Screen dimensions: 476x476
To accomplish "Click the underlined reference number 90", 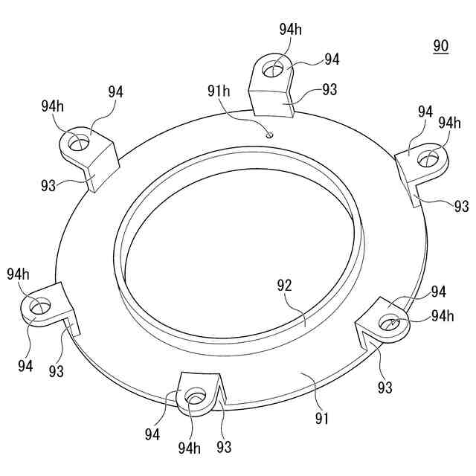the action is click(441, 46).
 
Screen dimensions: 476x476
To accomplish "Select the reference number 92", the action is click(284, 285).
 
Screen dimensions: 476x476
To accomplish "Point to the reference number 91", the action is click(321, 418).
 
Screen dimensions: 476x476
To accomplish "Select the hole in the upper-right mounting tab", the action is click(429, 158).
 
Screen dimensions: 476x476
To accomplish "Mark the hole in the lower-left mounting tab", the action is click(39, 306).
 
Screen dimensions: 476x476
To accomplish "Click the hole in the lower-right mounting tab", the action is click(389, 322).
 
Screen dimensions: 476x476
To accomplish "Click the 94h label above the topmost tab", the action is click(291, 29).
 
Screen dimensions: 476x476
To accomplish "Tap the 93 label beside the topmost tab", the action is click(329, 89).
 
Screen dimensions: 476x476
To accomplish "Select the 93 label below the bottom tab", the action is click(224, 447).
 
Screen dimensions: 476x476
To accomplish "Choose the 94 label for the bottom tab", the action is click(153, 432).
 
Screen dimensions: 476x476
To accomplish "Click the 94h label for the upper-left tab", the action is click(52, 106).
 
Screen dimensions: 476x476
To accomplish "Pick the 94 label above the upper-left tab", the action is click(115, 92).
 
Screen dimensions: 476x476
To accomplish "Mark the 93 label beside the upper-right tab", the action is click(461, 205).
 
